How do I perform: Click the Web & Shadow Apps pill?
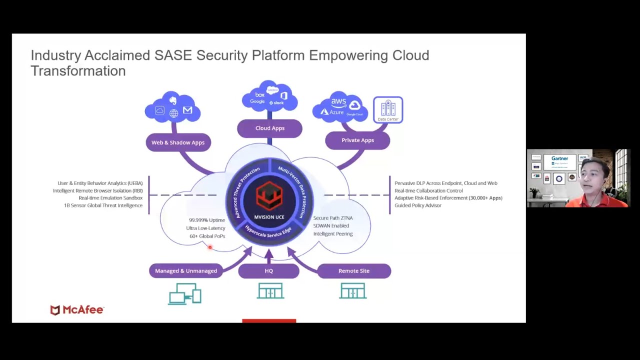tap(178, 142)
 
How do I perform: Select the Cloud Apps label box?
tap(269, 128)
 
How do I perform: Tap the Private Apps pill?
tap(357, 140)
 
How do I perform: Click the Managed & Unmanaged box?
tap(186, 271)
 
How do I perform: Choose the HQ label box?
tap(269, 271)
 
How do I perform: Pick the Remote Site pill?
tap(354, 271)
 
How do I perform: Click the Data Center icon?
tap(388, 110)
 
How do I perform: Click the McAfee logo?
tap(77, 310)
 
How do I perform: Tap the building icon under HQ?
tap(270, 290)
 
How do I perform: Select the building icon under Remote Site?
tap(353, 290)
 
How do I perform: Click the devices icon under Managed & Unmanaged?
tap(185, 293)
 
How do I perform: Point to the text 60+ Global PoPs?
tap(207, 236)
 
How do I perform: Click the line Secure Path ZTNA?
tap(333, 218)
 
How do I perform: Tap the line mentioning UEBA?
tap(100, 183)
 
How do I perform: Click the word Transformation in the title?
tap(78, 71)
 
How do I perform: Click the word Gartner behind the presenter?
tap(559, 158)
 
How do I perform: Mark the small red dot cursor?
tap(210, 247)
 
